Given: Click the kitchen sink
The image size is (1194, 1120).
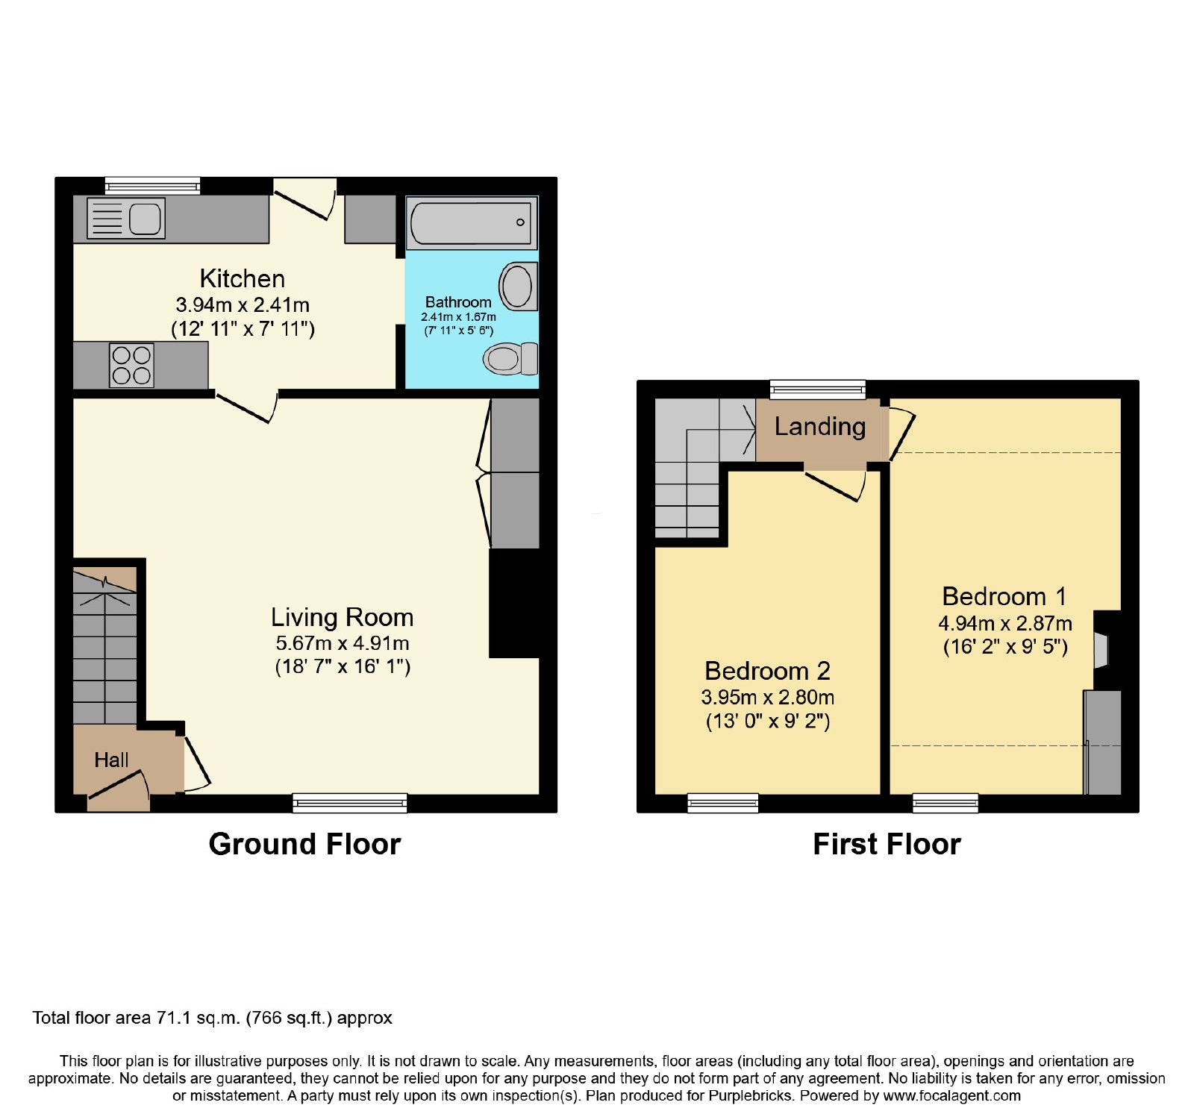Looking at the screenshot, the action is pos(126,218).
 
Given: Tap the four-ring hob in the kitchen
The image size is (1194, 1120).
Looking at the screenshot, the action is pos(132,365).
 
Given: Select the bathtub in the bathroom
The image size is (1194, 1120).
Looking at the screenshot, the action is pos(472,222).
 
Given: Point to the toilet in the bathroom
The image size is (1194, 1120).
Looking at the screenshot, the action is pos(511,359).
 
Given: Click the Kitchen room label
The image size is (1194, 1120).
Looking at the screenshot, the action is pos(243,278).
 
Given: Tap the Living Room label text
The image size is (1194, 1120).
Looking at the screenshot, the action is pos(342,617).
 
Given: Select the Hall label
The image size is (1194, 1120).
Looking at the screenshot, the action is pos(111,760).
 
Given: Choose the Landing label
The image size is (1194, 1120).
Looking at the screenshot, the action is pos(820,427).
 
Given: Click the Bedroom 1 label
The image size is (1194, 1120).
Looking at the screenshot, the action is pos(1004,596).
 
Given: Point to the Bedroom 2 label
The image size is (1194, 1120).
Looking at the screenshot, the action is pos(767,671).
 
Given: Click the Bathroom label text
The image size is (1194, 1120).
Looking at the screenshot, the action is pos(458,302).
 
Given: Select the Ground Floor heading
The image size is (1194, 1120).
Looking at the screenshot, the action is pos(304,844).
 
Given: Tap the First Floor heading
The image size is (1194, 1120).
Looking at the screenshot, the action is pos(887,844).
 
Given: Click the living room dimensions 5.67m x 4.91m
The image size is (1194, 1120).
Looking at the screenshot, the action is pos(343,643).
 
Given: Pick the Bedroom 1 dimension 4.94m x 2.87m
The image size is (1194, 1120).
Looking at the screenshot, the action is pos(1005,623).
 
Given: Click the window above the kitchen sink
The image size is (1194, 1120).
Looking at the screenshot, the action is pos(153,186).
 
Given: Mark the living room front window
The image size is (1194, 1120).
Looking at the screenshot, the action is pos(350,803).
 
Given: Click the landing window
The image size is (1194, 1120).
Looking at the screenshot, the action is pos(818,389).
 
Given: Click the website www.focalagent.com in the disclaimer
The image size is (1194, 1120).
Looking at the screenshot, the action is pos(952,1096).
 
